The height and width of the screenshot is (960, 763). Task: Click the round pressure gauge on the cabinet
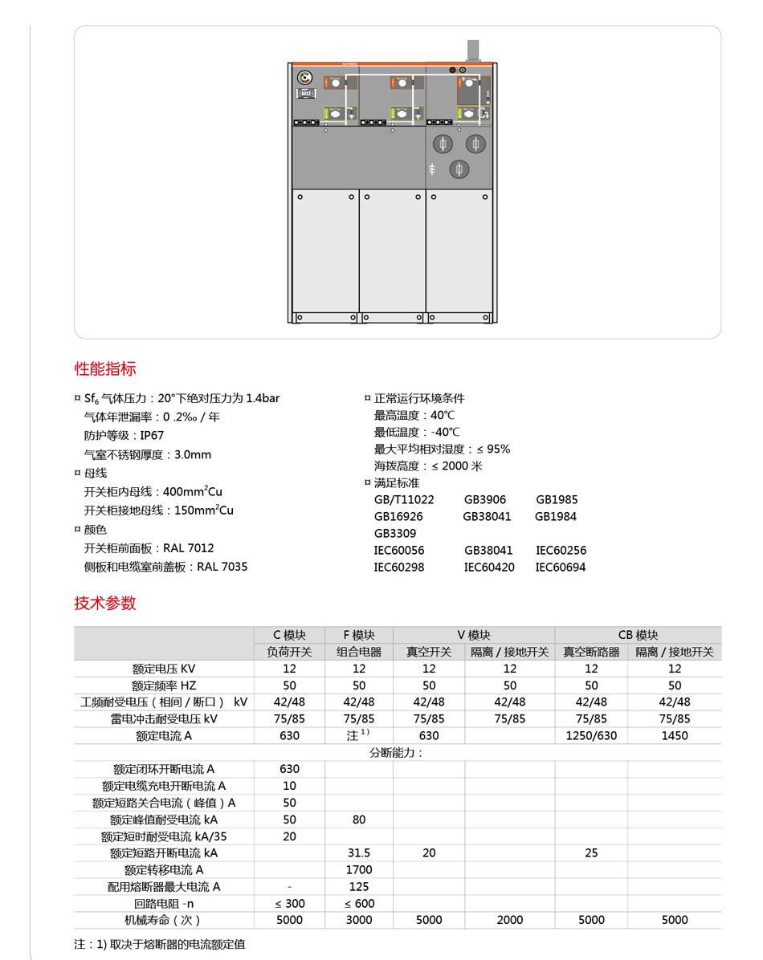tap(304, 78)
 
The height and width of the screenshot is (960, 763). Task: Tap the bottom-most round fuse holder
tap(459, 169)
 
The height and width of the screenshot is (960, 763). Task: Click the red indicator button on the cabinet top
tap(453, 71)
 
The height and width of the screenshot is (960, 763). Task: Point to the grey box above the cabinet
tap(473, 50)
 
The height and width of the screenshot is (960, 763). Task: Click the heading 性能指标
tap(105, 369)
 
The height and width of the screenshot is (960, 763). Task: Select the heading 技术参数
tap(105, 604)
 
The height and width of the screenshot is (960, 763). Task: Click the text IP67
tap(152, 435)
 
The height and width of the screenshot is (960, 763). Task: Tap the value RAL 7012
tap(189, 548)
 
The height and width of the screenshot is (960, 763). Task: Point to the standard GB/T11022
tap(404, 499)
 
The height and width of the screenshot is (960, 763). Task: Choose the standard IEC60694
tap(561, 567)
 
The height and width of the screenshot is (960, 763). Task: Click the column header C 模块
tap(289, 634)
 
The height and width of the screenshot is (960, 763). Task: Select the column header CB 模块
tap(638, 634)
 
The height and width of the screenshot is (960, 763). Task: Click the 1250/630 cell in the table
tap(591, 735)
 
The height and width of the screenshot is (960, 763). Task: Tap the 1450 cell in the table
tap(675, 735)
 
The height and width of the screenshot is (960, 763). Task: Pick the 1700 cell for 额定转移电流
tap(359, 869)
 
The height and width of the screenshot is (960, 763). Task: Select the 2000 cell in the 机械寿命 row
tap(509, 920)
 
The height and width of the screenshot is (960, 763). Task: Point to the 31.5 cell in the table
tap(359, 852)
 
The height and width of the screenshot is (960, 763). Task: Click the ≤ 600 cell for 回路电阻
tap(359, 903)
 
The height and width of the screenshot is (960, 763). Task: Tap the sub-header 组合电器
tap(359, 652)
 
